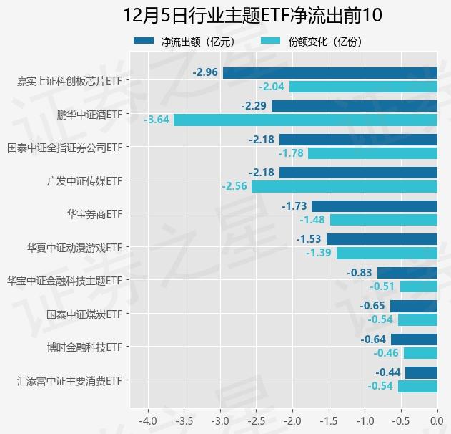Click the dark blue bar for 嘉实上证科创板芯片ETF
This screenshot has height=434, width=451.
click(x=329, y=72)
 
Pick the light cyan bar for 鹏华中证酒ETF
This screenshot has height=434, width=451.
click(x=305, y=120)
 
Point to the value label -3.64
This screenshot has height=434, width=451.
click(x=157, y=120)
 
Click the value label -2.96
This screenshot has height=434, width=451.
click(x=205, y=72)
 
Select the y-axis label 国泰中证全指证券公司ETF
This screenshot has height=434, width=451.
click(x=65, y=148)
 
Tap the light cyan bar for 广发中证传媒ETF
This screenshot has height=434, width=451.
click(x=344, y=186)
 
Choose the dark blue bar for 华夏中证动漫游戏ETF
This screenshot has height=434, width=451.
click(x=382, y=239)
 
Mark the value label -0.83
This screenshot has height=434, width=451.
click(x=359, y=273)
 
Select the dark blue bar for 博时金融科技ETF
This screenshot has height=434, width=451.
click(x=414, y=339)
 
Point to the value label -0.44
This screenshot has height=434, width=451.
click(x=387, y=372)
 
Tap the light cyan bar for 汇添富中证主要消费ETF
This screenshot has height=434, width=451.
click(x=417, y=386)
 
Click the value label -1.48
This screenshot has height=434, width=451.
click(x=312, y=220)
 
